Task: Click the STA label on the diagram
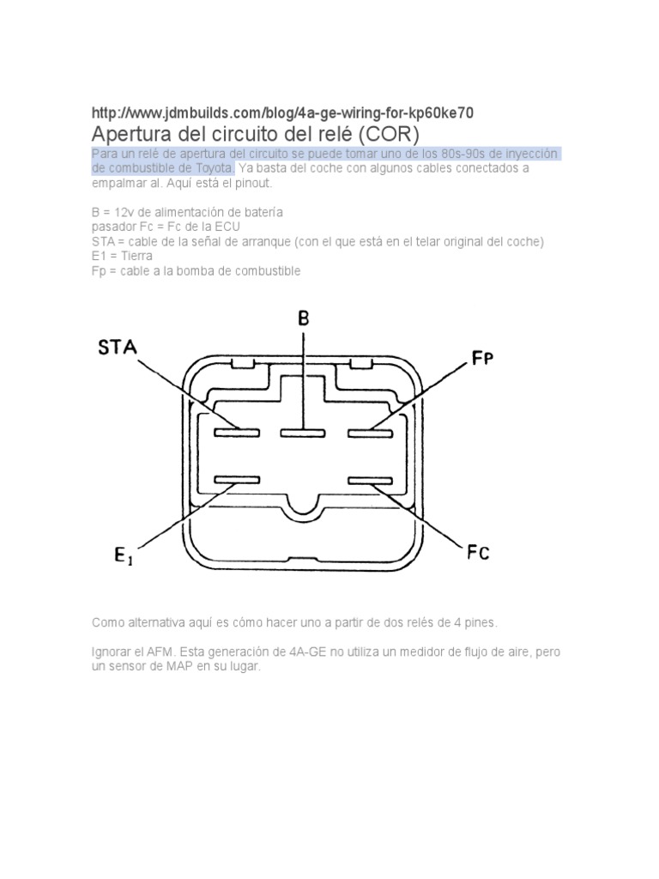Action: pos(118,348)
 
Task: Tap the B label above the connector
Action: pos(303,318)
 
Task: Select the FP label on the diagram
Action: pos(483,359)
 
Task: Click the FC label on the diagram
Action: pos(478,553)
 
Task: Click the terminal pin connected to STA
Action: pos(237,432)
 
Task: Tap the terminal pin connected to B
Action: pos(302,432)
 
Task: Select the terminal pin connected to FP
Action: pos(370,432)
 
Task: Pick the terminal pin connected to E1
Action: pos(237,479)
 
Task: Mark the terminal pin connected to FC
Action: pos(370,479)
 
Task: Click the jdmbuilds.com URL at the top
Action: pos(282,113)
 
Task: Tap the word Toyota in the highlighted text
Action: pos(211,168)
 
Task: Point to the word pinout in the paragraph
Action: pos(252,184)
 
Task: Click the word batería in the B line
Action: pos(261,211)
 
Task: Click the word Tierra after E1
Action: pos(133,256)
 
